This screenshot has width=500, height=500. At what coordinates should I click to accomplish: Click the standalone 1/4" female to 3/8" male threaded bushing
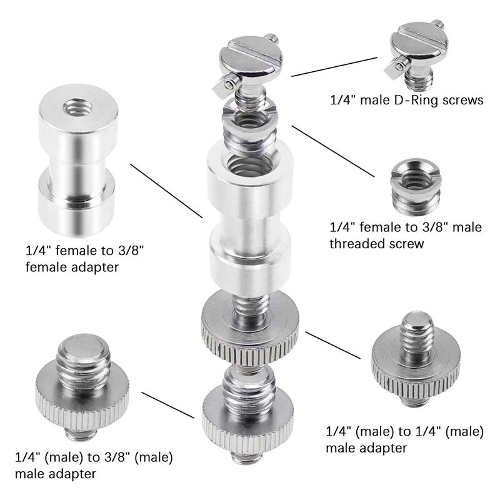[x=412, y=182]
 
